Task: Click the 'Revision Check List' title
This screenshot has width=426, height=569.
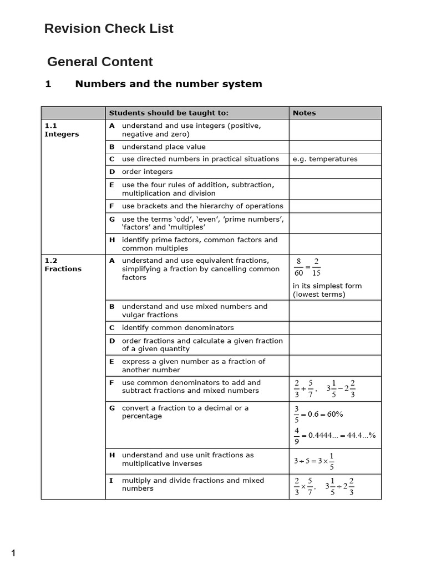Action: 109,29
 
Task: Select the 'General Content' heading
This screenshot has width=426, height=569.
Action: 100,62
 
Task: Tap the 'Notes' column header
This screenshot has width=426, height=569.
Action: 304,113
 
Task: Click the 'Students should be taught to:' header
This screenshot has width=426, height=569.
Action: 169,113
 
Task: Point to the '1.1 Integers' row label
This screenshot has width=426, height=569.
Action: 62,130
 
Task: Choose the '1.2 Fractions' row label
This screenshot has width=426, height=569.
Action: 63,264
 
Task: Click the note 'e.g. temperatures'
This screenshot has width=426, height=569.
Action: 325,159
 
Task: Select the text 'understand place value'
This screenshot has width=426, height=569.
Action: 164,147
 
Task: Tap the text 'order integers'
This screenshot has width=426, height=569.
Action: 147,172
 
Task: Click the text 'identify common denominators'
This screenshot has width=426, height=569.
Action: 177,328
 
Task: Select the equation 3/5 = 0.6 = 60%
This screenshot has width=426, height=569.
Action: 318,414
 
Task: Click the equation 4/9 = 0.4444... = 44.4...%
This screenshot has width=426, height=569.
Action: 334,436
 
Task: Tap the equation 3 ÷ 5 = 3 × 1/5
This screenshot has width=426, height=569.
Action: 314,461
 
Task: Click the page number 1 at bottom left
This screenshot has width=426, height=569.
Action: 14,553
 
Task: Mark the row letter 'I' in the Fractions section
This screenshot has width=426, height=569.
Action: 111,480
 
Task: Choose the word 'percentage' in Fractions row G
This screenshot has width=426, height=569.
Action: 142,416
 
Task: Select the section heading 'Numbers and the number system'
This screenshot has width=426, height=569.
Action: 169,84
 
